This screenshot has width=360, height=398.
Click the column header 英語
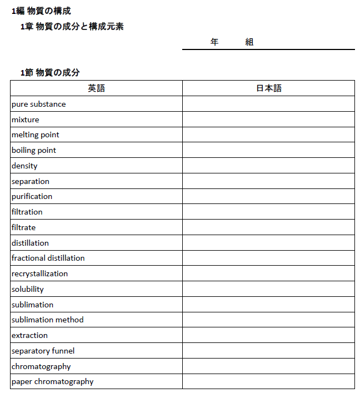click(96, 88)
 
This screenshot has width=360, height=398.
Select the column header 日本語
click(268, 88)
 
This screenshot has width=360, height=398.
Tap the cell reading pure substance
click(39, 104)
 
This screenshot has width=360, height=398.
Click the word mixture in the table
click(26, 120)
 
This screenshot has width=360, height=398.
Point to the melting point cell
click(36, 135)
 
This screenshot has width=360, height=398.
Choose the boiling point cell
click(34, 150)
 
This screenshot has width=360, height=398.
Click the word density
click(24, 166)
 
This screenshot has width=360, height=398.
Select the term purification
click(32, 197)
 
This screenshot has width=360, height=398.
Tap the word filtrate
click(23, 227)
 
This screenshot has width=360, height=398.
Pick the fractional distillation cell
click(48, 258)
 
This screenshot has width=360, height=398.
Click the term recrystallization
click(39, 273)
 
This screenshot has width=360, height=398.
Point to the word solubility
click(28, 289)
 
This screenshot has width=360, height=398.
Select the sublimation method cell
click(48, 320)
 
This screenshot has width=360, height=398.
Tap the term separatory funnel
click(43, 351)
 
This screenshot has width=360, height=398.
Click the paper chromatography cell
click(52, 381)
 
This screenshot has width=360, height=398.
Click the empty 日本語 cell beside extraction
click(268, 335)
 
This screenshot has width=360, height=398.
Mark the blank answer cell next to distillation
click(268, 243)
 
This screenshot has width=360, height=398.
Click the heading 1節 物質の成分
click(50, 72)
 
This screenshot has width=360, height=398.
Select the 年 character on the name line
click(214, 42)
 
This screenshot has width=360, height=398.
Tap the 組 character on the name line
click(249, 42)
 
